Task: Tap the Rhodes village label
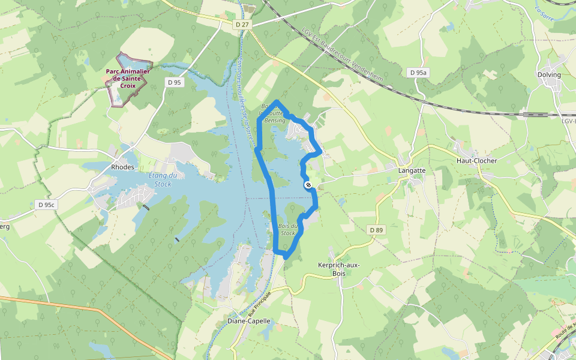pos(122,167)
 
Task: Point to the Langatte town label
pos(412,170)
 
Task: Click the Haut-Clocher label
pos(476,161)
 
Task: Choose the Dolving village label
pos(549,75)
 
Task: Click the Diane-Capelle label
pos(249,321)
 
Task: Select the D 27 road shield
pos(242,25)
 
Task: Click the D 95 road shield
pos(175,82)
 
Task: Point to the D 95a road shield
pos(418,73)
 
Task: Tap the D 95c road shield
pos(46,205)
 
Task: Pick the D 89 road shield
pos(376,230)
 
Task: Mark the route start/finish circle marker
pos(308,185)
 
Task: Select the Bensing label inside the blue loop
pos(275,121)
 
